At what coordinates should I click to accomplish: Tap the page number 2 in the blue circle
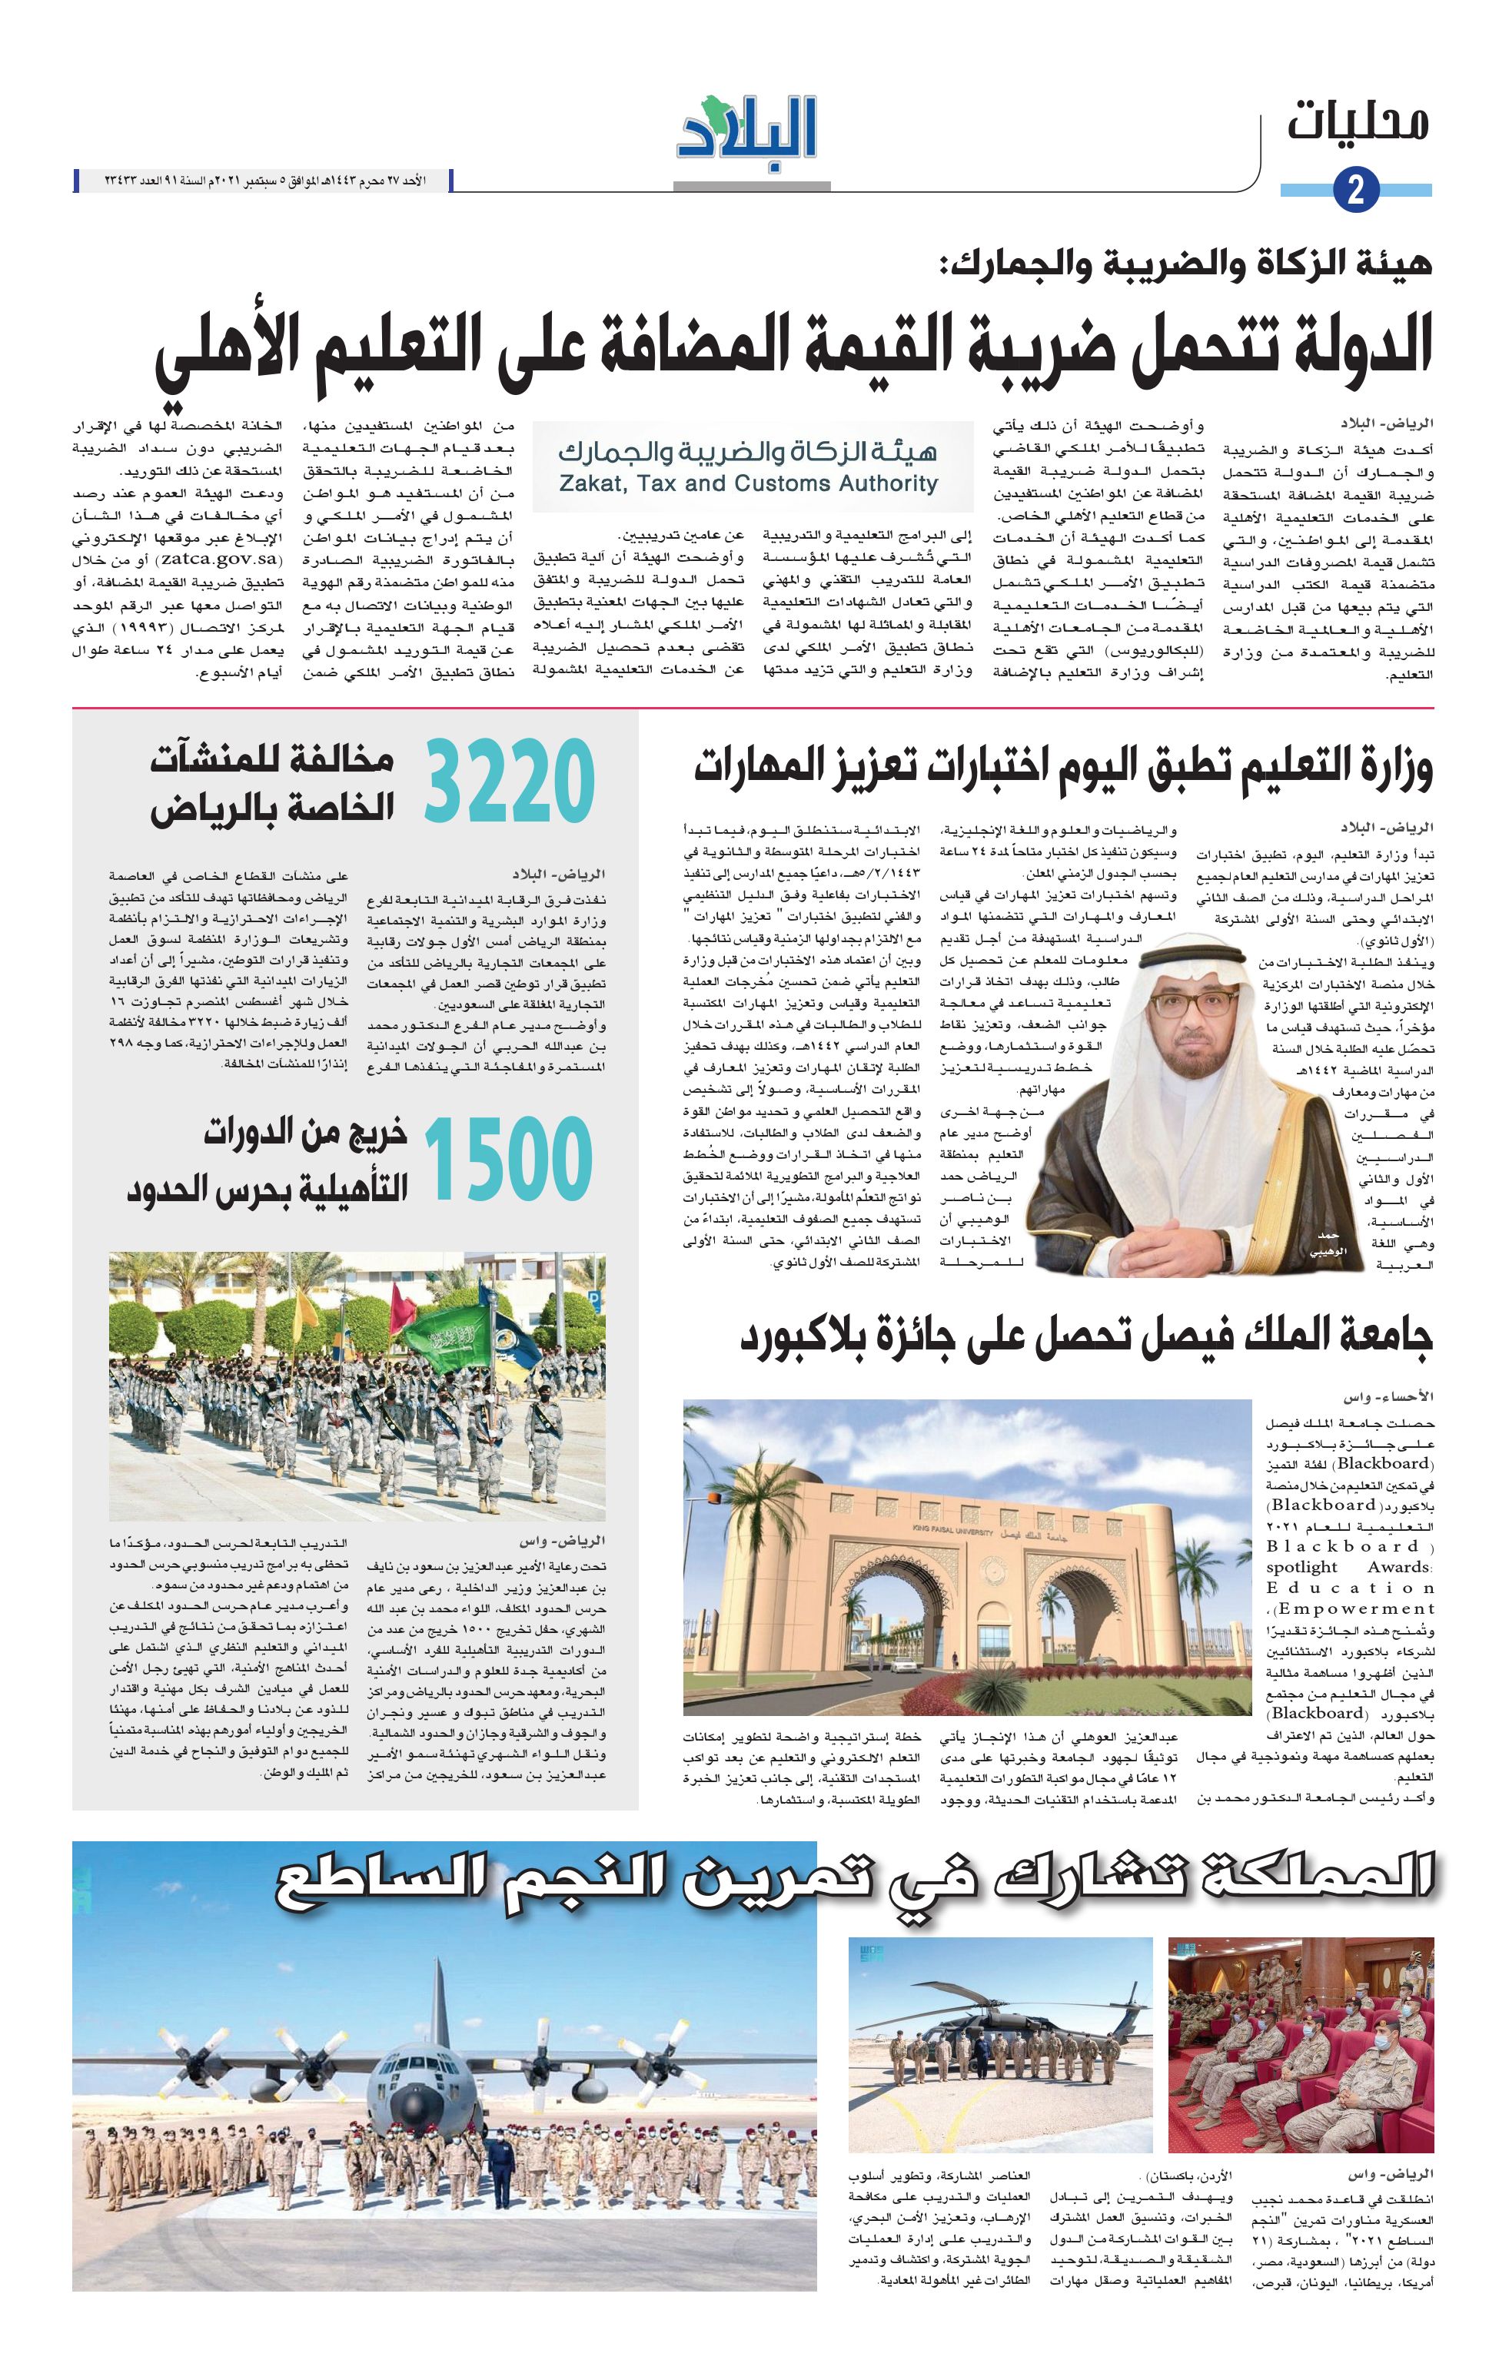tap(1356, 190)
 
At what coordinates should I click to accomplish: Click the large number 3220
tap(510, 781)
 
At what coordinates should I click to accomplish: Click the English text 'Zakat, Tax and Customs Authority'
tap(748, 483)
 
